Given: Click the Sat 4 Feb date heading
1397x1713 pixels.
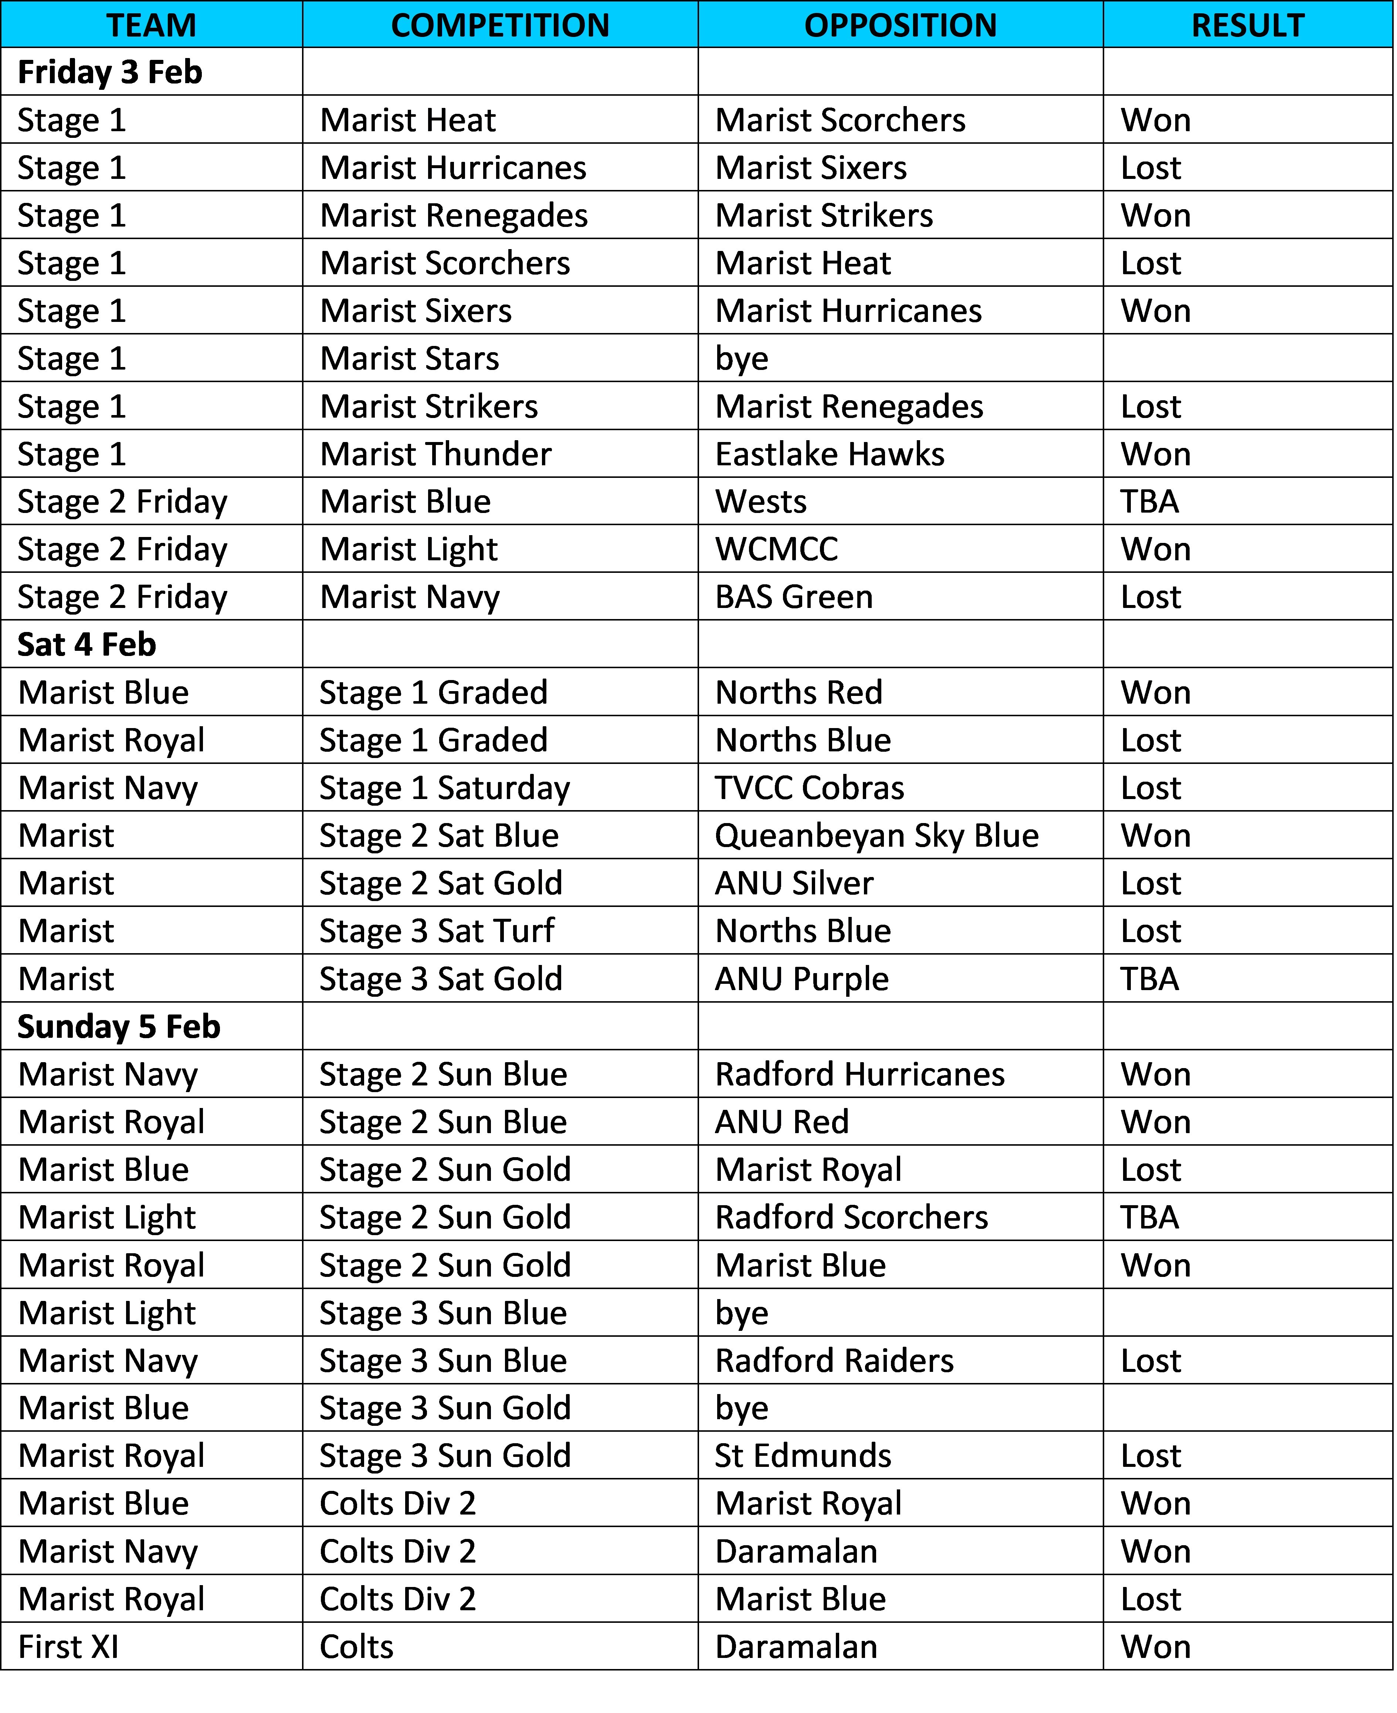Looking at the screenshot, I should click(x=87, y=645).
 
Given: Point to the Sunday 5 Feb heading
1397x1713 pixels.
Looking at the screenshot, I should click(x=119, y=1027).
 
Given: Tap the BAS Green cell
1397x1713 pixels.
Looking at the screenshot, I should click(x=794, y=597).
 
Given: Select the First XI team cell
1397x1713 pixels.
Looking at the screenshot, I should click(x=68, y=1647).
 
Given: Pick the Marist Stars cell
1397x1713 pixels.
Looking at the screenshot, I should click(x=410, y=359).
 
